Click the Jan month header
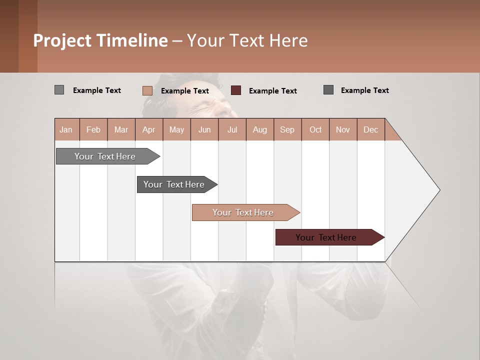[x=66, y=129]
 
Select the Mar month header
[x=121, y=129]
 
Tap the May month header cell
[x=176, y=129]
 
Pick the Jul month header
[x=232, y=129]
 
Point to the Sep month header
[x=287, y=129]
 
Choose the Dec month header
[x=370, y=129]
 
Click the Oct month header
[x=315, y=129]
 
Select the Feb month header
[x=93, y=129]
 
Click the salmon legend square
[x=147, y=90]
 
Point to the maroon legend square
[x=236, y=90]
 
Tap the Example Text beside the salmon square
[x=184, y=91]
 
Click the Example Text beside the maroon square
[x=272, y=91]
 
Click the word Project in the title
[x=63, y=40]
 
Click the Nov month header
[x=343, y=129]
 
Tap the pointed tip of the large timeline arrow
[x=438, y=190]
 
